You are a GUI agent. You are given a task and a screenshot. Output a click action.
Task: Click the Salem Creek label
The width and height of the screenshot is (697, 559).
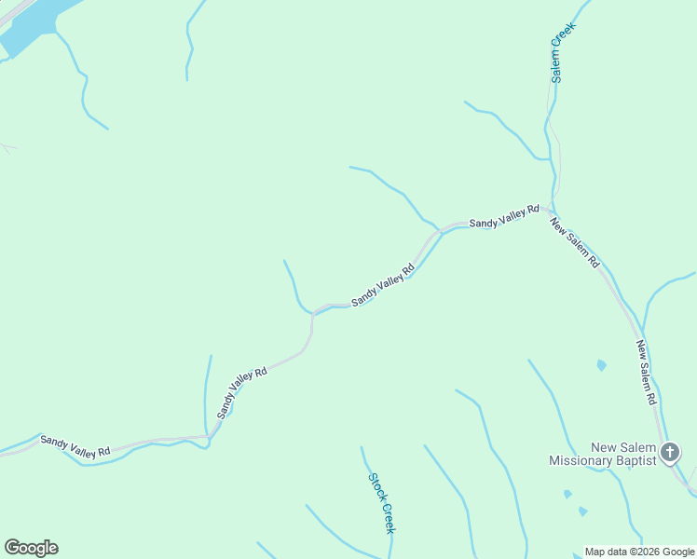(x=563, y=52)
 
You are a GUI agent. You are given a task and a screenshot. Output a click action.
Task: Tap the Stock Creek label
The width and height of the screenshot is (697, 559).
(x=381, y=503)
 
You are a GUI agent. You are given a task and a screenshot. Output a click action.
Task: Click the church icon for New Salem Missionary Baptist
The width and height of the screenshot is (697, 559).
(x=669, y=454)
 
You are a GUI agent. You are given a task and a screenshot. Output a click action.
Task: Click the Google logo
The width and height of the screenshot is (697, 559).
(x=31, y=548)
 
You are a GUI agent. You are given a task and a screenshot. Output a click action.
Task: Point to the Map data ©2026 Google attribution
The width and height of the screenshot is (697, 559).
(x=639, y=552)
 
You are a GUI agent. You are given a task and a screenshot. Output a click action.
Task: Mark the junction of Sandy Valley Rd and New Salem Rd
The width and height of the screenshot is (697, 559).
(x=552, y=209)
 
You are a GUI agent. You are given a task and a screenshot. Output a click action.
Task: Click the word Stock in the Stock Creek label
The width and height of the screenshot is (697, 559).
(x=376, y=486)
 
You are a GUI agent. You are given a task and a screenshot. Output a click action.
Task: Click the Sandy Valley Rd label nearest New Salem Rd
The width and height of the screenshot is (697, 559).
(x=504, y=218)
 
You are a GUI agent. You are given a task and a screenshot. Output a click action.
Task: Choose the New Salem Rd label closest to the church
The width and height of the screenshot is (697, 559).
(x=647, y=373)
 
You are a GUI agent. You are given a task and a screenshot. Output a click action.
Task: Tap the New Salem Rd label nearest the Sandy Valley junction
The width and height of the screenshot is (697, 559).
(x=574, y=243)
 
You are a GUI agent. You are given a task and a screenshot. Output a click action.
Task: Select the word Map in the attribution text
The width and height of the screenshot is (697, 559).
(x=595, y=552)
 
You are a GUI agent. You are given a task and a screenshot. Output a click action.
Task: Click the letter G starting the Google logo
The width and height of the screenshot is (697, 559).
(x=12, y=548)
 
